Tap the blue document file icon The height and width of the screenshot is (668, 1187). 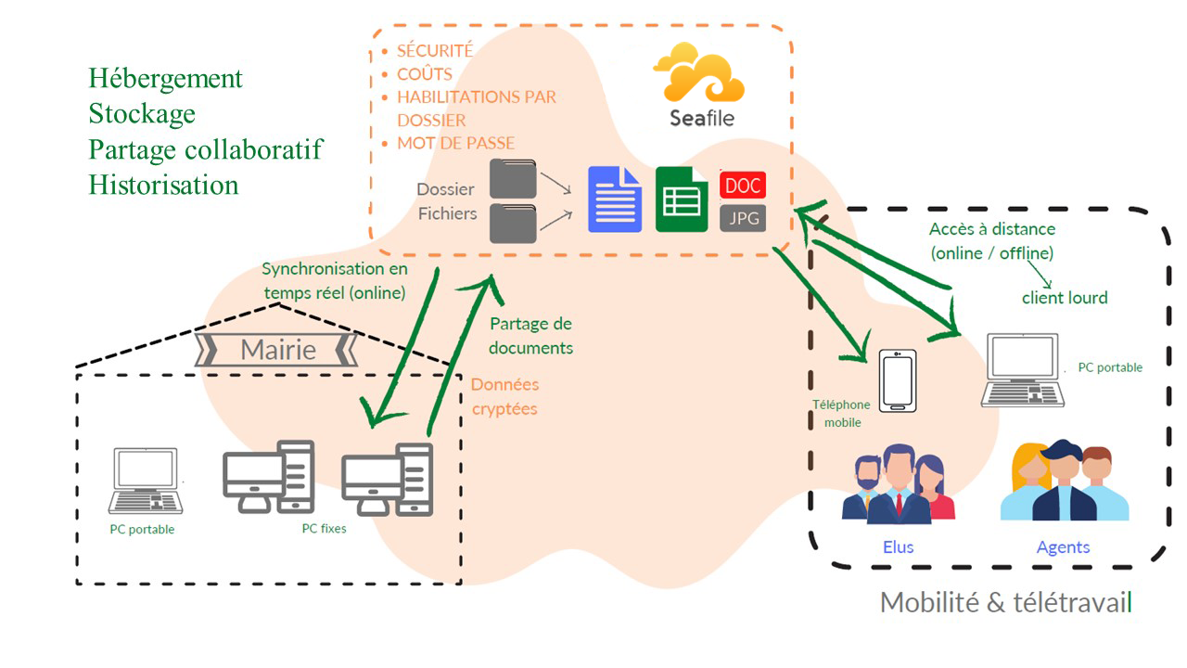tap(614, 199)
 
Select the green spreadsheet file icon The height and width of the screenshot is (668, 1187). tap(682, 199)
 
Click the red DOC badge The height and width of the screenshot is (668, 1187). tap(743, 185)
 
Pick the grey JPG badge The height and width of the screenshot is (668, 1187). tap(743, 218)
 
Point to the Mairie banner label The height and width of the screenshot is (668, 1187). tap(278, 350)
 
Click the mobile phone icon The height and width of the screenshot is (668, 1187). tap(898, 380)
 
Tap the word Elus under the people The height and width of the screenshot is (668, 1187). tap(898, 547)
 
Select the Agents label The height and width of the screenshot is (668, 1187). tap(1063, 547)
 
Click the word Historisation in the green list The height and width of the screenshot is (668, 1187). tap(163, 185)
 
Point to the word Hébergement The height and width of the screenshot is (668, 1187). tap(165, 79)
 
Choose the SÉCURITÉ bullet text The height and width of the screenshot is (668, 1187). tap(435, 51)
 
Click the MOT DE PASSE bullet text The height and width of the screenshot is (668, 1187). tap(455, 144)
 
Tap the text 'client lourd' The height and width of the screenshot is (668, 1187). tap(1065, 298)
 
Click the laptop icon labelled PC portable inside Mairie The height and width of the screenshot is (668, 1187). tap(145, 481)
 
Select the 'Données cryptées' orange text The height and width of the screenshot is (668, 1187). tap(504, 396)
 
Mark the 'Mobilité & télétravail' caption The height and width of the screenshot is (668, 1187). tap(1006, 602)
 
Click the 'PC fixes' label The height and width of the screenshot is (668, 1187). tap(324, 529)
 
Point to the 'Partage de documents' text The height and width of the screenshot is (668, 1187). tap(530, 336)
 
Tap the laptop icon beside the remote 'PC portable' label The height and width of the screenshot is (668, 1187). tap(1024, 370)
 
